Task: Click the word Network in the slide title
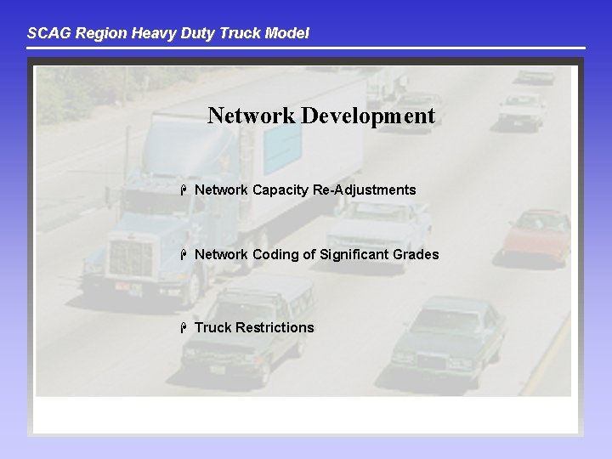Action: pyautogui.click(x=251, y=116)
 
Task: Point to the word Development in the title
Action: pyautogui.click(x=367, y=116)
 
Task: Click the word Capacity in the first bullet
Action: pyautogui.click(x=280, y=190)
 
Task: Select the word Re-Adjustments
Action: pyautogui.click(x=365, y=190)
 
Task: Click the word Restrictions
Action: pyautogui.click(x=275, y=327)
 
